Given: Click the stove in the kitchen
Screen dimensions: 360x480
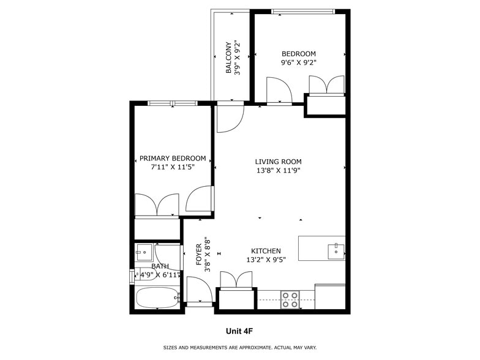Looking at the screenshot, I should point(290,299).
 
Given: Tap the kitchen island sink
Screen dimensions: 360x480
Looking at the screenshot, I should point(336,249).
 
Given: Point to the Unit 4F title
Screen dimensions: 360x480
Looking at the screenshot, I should point(239,331).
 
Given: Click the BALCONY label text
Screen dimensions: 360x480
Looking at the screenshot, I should point(229,58).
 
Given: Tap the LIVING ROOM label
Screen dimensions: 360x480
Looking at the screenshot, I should point(279,162).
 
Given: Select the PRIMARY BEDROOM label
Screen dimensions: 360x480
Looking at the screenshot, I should point(173,159).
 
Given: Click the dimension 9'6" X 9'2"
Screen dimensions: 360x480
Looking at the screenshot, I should point(298,62).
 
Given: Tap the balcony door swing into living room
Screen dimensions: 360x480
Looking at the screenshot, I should point(230,117).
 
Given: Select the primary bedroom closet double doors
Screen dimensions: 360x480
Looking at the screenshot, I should point(157,204).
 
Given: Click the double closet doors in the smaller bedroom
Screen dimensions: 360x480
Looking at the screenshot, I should point(326,85).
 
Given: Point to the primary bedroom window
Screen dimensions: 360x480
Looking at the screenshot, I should point(172,103).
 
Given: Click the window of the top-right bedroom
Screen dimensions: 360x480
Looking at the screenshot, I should point(302,11).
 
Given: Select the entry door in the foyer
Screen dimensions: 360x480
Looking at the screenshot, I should point(199,291).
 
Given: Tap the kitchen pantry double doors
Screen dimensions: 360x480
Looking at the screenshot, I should point(236,280).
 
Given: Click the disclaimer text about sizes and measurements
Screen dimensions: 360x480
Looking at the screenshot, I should point(239,348).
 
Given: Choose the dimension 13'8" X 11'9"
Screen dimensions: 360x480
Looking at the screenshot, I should point(279,171).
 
